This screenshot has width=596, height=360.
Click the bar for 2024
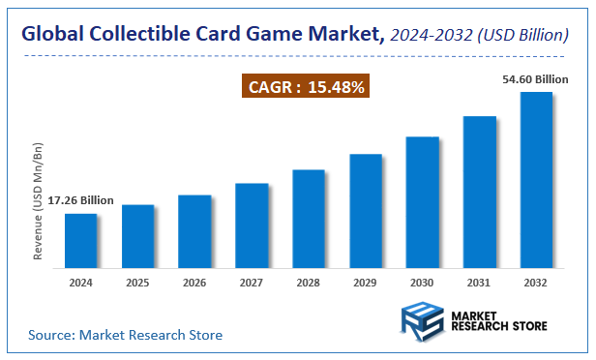click(x=80, y=241)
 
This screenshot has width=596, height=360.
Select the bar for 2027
click(x=252, y=225)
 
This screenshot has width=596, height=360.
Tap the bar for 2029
click(x=366, y=211)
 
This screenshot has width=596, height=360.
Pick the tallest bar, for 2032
click(x=536, y=180)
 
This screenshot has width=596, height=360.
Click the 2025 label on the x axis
click(x=137, y=284)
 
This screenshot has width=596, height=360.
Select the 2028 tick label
click(x=309, y=284)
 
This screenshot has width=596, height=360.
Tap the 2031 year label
click(x=480, y=284)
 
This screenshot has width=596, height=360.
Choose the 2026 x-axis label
click(x=194, y=284)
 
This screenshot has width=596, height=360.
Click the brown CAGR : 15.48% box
click(x=307, y=88)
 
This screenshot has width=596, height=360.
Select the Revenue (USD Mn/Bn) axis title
click(x=39, y=202)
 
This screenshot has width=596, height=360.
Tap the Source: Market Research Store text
click(x=125, y=335)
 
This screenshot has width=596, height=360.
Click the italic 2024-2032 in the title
click(x=434, y=36)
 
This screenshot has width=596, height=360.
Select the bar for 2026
click(x=194, y=231)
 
